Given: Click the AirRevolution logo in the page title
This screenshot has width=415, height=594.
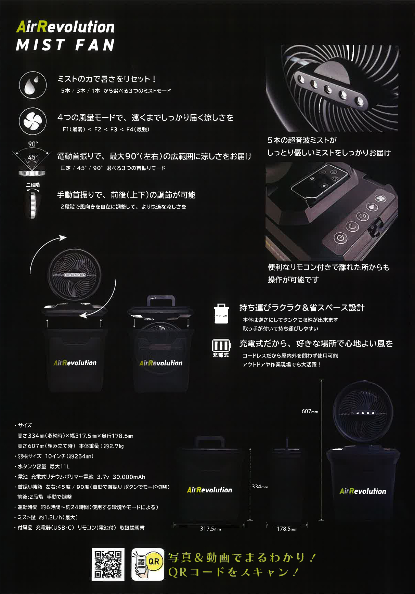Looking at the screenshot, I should point(65,27).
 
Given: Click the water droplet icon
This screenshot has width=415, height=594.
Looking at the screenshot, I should point(33,85).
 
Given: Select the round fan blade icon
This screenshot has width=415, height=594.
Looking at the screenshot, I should point(33,121).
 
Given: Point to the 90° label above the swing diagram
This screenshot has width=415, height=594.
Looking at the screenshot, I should point(33,144).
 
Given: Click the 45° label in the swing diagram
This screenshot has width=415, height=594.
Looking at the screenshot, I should point(33,157).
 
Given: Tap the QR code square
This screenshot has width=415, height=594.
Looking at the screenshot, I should point(108,564).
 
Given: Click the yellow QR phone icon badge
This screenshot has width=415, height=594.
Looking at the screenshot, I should point(147,564).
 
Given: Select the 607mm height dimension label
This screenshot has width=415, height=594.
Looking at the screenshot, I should point(310,411).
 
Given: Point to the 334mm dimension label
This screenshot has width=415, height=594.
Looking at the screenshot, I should point(260,486).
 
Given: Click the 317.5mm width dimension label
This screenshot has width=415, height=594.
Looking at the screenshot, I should point(210,529).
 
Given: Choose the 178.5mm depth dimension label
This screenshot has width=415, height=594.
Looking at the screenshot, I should point(287,529).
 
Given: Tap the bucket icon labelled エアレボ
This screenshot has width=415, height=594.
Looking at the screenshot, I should point(221,314).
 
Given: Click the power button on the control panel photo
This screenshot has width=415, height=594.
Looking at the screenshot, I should point(340,238).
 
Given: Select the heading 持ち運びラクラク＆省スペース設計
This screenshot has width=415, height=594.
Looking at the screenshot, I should point(302,308).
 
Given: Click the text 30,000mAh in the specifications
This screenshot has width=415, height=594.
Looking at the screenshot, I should point(129,477).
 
